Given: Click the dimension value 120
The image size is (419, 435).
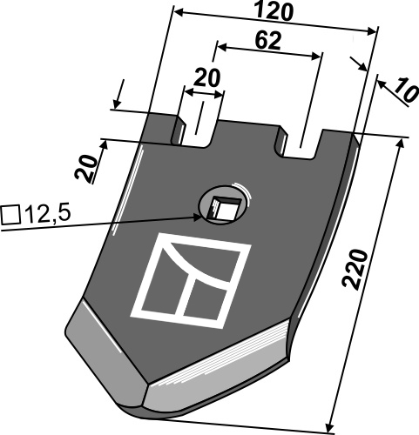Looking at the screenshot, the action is click(274, 12).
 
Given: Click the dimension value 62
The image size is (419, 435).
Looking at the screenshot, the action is click(268, 41).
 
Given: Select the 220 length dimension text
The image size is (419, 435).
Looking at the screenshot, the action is click(355, 268).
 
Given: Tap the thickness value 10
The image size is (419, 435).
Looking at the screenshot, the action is click(406, 90).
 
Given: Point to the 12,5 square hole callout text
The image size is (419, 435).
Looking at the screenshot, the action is click(48, 214).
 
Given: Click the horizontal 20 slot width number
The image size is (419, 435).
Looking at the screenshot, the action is click(207, 77).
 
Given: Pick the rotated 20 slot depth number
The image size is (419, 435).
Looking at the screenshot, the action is click(86, 170).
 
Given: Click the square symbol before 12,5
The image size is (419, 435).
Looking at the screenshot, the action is click(10, 215).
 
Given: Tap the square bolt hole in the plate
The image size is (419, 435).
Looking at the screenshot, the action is click(223, 208).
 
